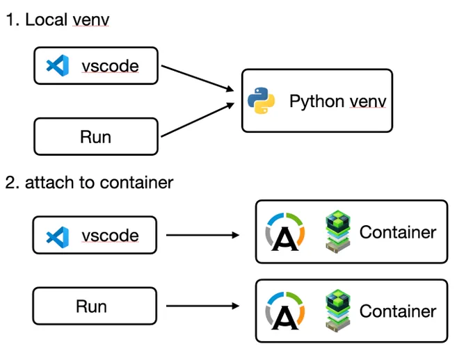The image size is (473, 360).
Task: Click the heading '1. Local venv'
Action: pyautogui.click(x=57, y=20)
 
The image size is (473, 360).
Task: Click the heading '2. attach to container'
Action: pyautogui.click(x=89, y=182)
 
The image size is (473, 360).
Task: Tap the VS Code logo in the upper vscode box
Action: pyautogui.click(x=58, y=65)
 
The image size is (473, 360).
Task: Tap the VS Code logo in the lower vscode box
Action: pyautogui.click(x=58, y=237)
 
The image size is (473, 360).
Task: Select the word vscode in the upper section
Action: pyautogui.click(x=110, y=66)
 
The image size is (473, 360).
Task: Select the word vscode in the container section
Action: pyautogui.click(x=110, y=236)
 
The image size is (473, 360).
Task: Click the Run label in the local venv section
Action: pyautogui.click(x=95, y=137)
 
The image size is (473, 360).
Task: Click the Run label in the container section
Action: pyautogui.click(x=91, y=306)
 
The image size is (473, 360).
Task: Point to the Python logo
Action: pyautogui.click(x=262, y=101)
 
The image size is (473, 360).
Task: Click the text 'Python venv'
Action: pyautogui.click(x=338, y=101)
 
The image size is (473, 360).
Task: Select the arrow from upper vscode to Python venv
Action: pyautogui.click(x=198, y=78)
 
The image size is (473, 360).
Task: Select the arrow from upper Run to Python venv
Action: pyautogui.click(x=198, y=120)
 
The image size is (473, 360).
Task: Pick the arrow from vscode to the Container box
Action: pyautogui.click(x=202, y=235)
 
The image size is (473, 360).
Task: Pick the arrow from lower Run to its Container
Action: pyautogui.click(x=202, y=306)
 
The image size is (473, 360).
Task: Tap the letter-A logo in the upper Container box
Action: pyautogui.click(x=285, y=232)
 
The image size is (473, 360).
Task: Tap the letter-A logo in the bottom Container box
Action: pyautogui.click(x=285, y=311)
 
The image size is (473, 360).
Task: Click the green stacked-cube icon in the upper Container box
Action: pyautogui.click(x=338, y=231)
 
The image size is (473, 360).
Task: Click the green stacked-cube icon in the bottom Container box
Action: pyautogui.click(x=338, y=311)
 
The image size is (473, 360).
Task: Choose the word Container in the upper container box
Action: pyautogui.click(x=398, y=232)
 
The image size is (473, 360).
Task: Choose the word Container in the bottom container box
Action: pyautogui.click(x=398, y=311)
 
